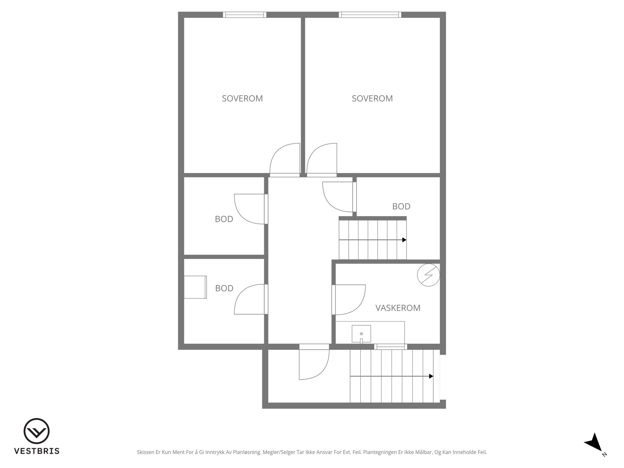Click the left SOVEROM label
click(242, 98)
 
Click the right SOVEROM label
click(372, 98)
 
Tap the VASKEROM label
click(398, 308)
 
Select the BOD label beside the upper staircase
click(401, 206)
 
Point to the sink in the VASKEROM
click(361, 334)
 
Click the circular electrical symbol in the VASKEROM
click(429, 275)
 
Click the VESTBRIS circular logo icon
click(36, 431)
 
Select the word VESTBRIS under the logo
click(37, 451)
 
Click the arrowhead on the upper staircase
click(404, 240)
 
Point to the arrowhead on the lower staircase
click(431, 376)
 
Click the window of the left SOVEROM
click(244, 15)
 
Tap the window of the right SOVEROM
click(370, 15)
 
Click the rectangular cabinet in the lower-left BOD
click(195, 287)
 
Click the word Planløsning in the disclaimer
click(247, 452)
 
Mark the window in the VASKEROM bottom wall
click(390, 347)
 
